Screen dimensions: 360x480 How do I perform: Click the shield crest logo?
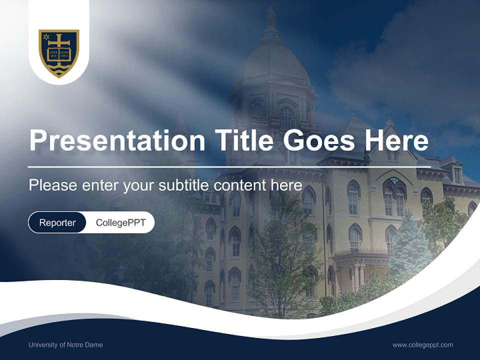click(x=59, y=52)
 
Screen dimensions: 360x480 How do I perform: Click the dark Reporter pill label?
click(x=57, y=222)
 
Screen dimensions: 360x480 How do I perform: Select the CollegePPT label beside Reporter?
click(x=120, y=222)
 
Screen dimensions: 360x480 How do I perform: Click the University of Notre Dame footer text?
click(x=65, y=344)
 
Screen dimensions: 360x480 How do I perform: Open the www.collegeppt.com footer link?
click(x=422, y=344)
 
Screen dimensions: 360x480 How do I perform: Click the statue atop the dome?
click(x=271, y=17)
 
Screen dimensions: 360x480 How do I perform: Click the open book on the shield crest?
click(x=59, y=54)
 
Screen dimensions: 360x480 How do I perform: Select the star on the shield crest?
click(x=46, y=37)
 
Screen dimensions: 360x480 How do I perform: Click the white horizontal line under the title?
click(x=229, y=166)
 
